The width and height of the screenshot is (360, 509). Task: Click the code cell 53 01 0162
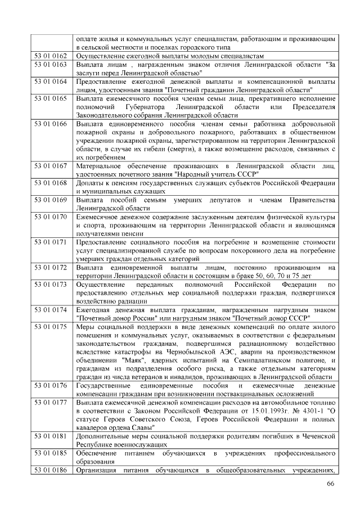51,57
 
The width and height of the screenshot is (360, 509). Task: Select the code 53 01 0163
51,65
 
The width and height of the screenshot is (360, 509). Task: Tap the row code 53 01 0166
51,124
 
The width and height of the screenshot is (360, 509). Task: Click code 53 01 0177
51,403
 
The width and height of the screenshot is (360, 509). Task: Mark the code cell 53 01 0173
51,285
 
